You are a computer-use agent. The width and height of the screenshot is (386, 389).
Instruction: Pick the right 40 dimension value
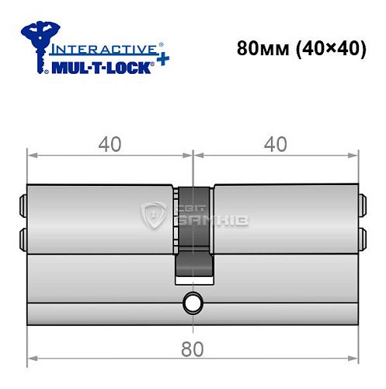click(276, 144)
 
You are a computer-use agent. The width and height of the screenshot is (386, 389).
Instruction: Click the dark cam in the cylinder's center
click(192, 233)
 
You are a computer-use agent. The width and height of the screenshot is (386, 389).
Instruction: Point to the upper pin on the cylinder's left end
click(23, 206)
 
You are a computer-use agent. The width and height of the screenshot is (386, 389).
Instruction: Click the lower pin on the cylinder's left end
click(23, 235)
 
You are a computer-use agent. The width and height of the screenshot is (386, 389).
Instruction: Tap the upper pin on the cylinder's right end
click(362, 206)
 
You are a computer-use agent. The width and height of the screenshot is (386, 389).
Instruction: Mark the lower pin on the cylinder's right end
click(362, 235)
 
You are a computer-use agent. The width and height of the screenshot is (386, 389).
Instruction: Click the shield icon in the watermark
click(154, 217)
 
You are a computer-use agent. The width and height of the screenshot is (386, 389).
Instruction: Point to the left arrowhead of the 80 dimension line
click(32, 360)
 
